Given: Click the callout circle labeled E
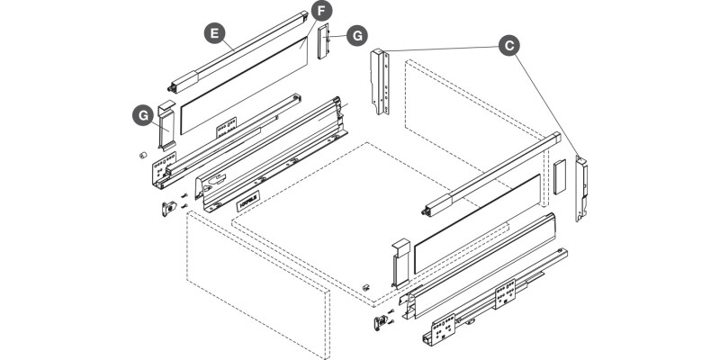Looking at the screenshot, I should pyautogui.click(x=213, y=33).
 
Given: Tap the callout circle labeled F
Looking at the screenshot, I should pyautogui.click(x=320, y=12).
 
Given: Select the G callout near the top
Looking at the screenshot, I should pyautogui.click(x=357, y=35).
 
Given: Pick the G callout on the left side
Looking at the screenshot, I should pyautogui.click(x=141, y=114).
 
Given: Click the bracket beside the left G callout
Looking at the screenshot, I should pyautogui.click(x=167, y=127).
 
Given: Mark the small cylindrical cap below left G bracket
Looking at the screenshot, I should pyautogui.click(x=142, y=155).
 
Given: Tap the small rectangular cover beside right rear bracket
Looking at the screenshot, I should pyautogui.click(x=558, y=177).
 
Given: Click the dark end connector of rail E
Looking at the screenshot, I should pyautogui.click(x=180, y=79).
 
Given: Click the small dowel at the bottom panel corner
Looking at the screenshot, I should pyautogui.click(x=366, y=286).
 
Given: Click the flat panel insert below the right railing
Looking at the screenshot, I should pyautogui.click(x=477, y=225).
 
